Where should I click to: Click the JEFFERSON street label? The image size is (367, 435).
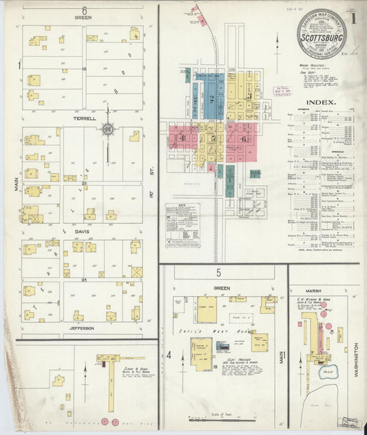[82, 328]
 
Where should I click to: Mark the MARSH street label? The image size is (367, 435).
[322, 270]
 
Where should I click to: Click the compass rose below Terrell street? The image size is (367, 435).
[107, 129]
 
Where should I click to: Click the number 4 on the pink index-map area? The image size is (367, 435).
[182, 138]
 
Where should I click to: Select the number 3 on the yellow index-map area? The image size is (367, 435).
[249, 96]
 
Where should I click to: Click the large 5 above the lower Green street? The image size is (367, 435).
[218, 273]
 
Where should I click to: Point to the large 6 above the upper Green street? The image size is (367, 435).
[84, 10]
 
